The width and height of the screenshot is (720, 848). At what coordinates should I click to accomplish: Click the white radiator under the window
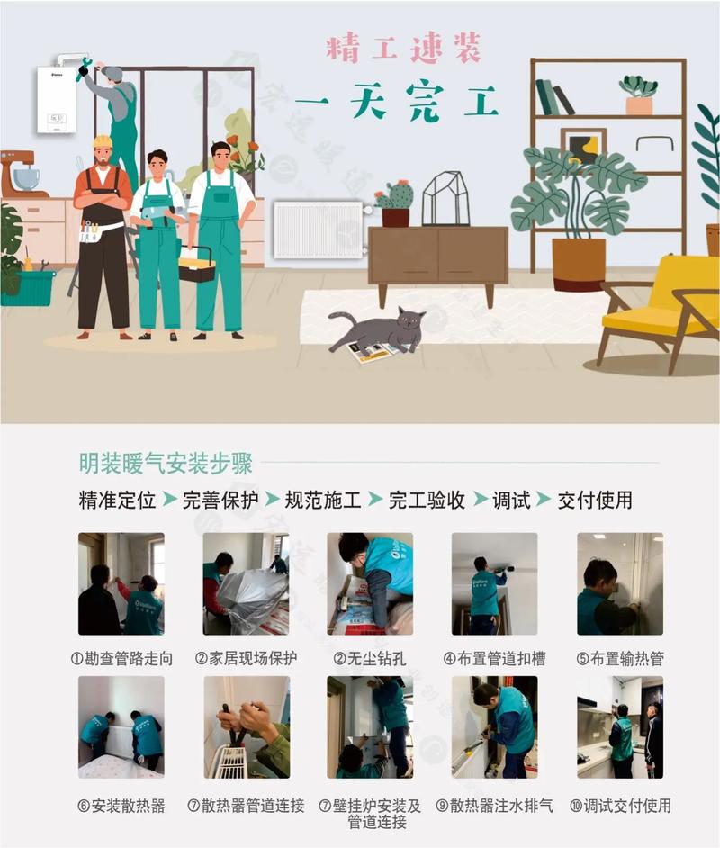pyautogui.click(x=318, y=230)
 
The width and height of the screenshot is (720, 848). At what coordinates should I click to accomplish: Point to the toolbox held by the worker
pyautogui.click(x=196, y=263)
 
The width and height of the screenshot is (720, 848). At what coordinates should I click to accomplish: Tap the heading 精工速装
pyautogui.click(x=403, y=48)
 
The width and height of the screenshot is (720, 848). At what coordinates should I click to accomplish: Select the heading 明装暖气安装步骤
pyautogui.click(x=166, y=464)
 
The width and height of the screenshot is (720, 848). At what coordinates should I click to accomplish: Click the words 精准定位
pyautogui.click(x=117, y=500)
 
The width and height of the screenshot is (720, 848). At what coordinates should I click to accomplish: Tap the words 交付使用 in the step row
pyautogui.click(x=595, y=500)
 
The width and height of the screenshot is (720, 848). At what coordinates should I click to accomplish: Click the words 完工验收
pyautogui.click(x=427, y=500)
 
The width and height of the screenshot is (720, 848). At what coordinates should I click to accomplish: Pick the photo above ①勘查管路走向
pyautogui.click(x=121, y=583)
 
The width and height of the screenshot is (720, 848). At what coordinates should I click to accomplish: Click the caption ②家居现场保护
pyautogui.click(x=246, y=658)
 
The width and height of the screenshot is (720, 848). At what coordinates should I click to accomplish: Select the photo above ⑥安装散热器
pyautogui.click(x=121, y=726)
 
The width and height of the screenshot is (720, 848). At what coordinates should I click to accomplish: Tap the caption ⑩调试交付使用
pyautogui.click(x=620, y=806)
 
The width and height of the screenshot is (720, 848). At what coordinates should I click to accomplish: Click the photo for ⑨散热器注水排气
pyautogui.click(x=494, y=726)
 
